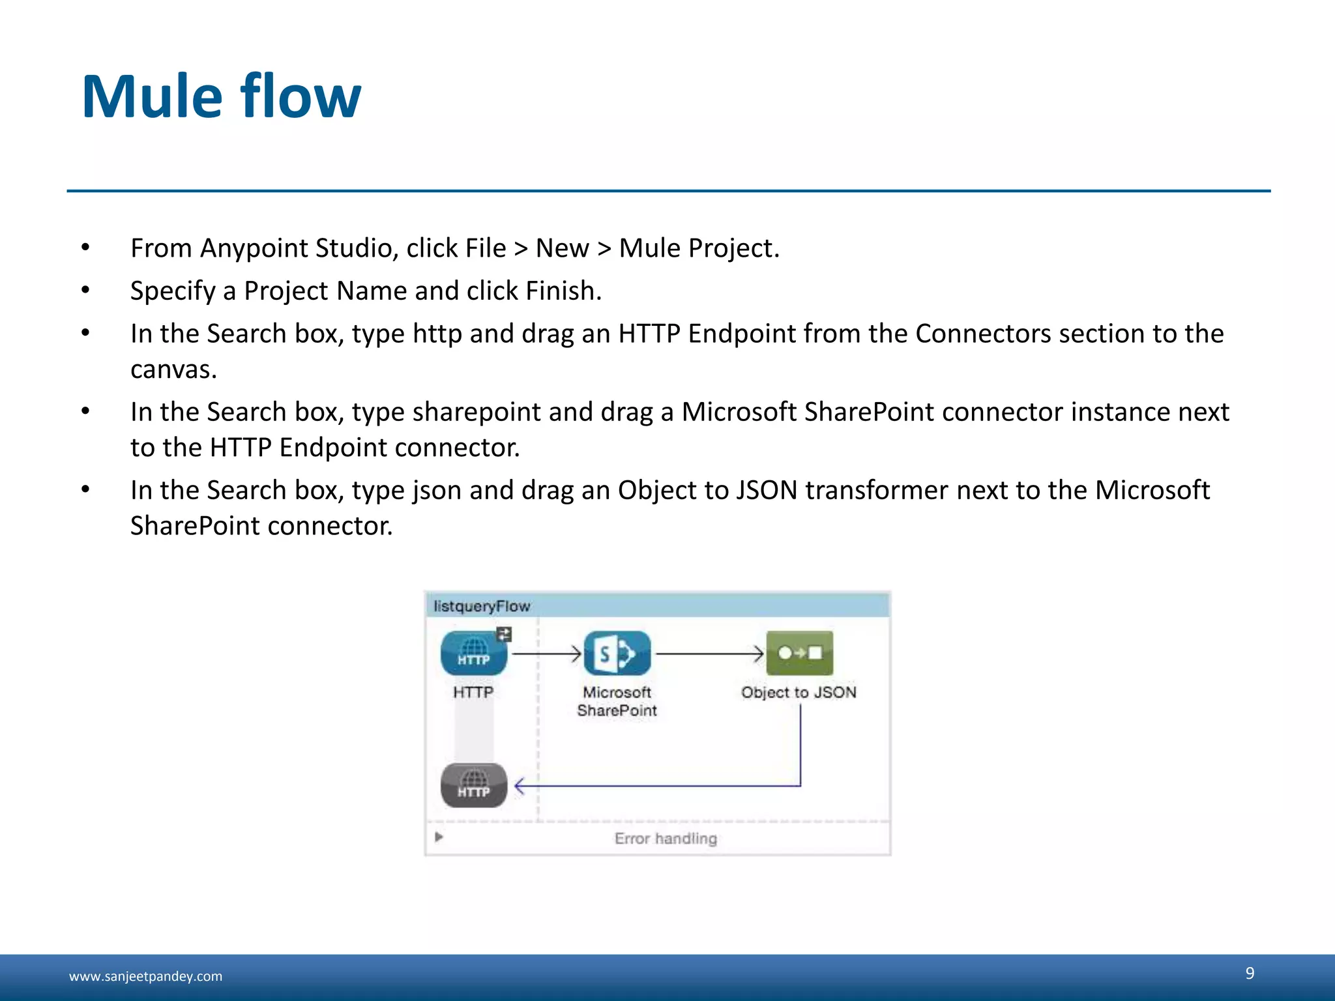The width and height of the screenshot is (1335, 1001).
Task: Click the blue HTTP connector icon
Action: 473,653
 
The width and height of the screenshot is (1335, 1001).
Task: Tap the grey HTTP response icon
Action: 474,785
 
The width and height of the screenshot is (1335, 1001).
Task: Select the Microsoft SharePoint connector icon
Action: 617,653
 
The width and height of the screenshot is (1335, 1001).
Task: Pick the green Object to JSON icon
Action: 799,653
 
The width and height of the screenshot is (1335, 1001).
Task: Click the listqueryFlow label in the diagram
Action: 482,606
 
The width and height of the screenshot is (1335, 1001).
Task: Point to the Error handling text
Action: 666,839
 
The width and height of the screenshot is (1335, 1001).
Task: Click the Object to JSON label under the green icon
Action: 799,692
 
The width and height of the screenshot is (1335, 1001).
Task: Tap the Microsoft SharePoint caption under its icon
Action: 617,701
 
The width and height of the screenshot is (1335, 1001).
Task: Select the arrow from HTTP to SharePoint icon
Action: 546,653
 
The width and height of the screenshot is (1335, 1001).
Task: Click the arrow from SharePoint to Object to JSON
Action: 709,653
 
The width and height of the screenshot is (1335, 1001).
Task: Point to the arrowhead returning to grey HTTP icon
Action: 520,786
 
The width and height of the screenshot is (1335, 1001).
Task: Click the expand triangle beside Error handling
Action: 439,837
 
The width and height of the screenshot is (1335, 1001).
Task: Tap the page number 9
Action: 1250,973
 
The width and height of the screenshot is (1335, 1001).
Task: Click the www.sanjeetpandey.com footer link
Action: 145,976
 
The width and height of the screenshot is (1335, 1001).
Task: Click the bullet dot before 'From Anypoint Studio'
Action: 85,248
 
